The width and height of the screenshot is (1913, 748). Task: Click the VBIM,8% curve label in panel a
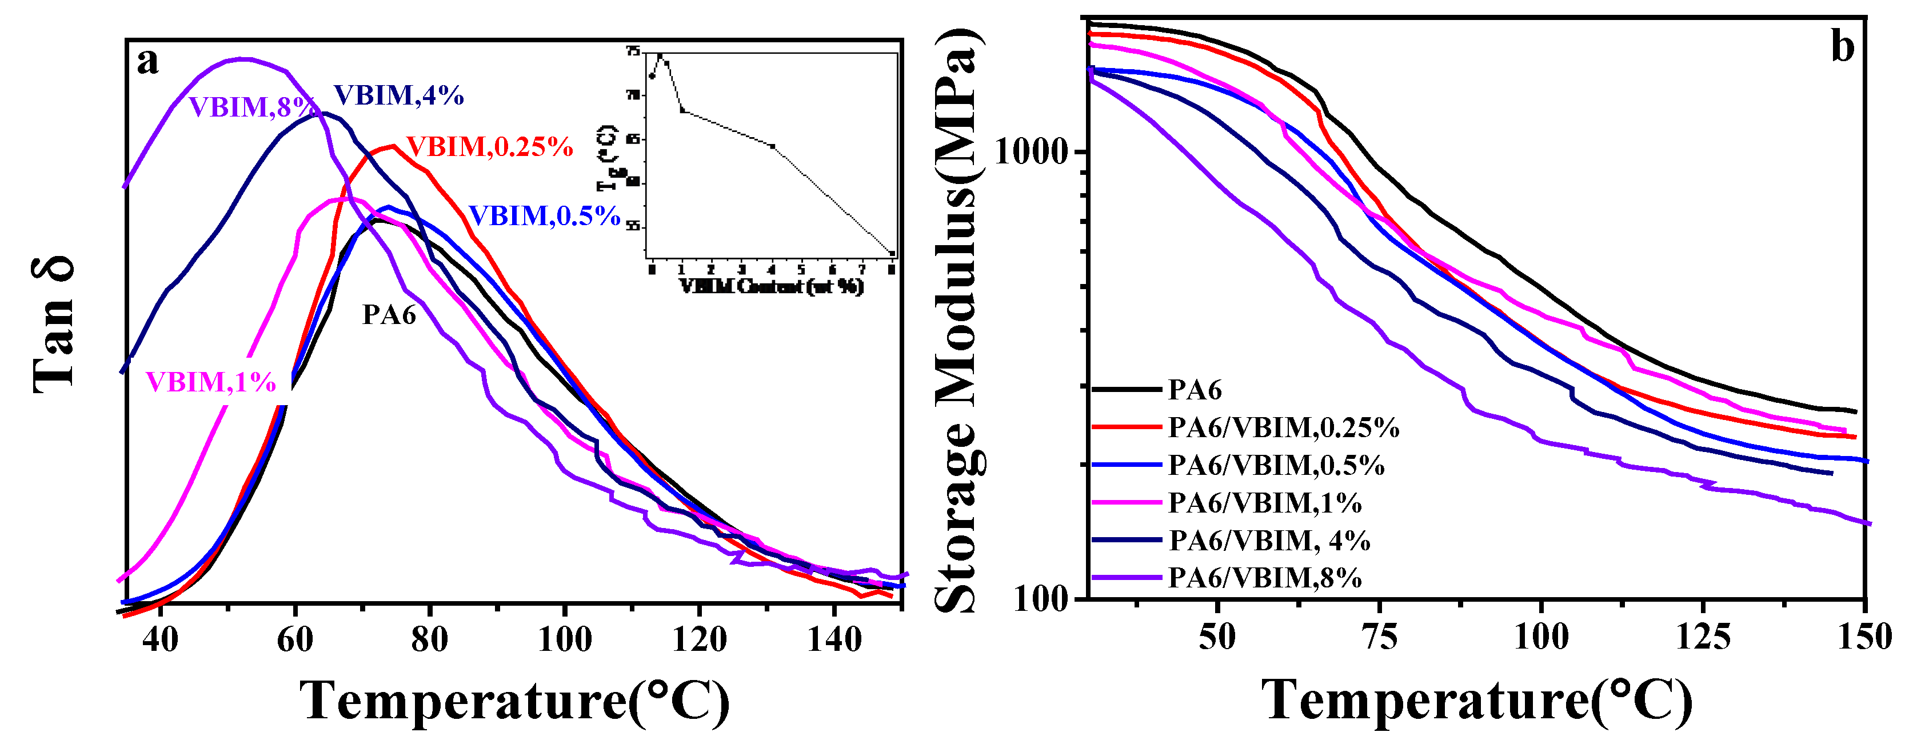click(x=251, y=107)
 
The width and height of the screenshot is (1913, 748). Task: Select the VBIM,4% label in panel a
click(x=399, y=96)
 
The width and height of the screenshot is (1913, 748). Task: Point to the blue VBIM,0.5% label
click(x=544, y=216)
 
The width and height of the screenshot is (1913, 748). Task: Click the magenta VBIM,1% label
click(x=211, y=382)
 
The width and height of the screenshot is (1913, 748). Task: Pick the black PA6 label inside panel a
click(x=389, y=315)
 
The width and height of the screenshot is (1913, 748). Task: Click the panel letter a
click(x=148, y=62)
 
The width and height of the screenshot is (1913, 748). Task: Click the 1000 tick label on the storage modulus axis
click(x=1037, y=151)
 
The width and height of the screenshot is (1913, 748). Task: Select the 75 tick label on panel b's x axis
click(x=1380, y=637)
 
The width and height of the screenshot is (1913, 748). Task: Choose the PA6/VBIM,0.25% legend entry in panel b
click(x=1283, y=428)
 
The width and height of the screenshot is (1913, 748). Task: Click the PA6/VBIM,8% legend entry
click(x=1265, y=578)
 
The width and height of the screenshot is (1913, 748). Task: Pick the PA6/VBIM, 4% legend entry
click(x=1269, y=541)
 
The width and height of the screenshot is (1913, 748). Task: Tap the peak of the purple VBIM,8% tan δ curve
click(x=242, y=59)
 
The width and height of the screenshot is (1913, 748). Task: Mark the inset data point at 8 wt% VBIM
click(x=892, y=253)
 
